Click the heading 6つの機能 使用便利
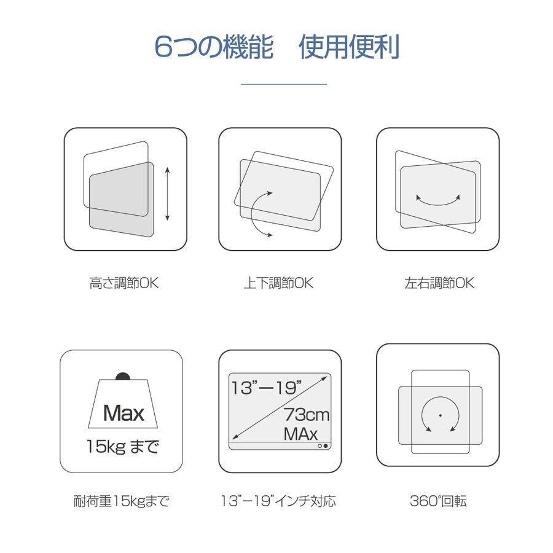click(x=277, y=48)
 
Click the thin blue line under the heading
click(x=283, y=84)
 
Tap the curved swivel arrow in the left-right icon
click(x=438, y=200)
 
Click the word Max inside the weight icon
click(x=124, y=412)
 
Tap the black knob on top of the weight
click(x=123, y=377)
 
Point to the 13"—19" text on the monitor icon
click(x=267, y=388)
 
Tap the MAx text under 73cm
click(x=300, y=434)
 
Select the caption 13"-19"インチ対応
click(x=278, y=501)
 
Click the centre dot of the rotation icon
click(x=440, y=416)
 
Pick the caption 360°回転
click(x=438, y=501)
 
